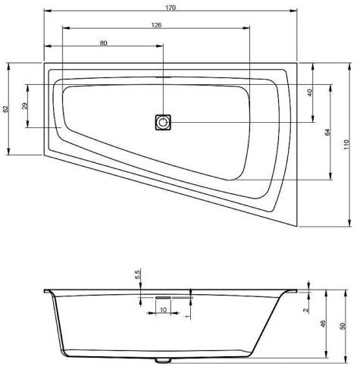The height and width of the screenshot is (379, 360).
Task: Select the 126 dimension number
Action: pos(156,25)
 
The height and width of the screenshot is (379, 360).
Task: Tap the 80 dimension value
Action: pos(103,43)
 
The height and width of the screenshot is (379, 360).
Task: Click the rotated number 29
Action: pos(24,105)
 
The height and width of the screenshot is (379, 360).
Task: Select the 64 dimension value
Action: pos(327,132)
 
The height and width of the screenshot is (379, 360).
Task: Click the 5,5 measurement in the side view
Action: pos(138,274)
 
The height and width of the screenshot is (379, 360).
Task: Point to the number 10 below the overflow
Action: pos(163,310)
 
